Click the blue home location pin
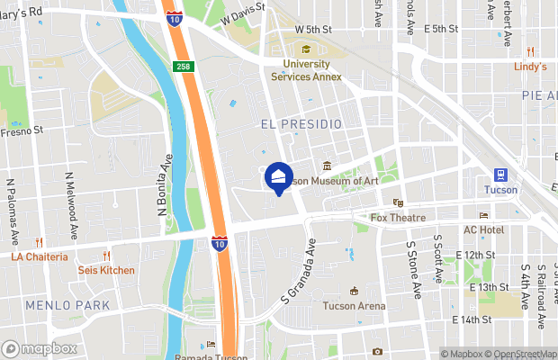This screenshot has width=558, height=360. click(279, 175)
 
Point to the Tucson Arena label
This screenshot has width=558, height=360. click(354, 306)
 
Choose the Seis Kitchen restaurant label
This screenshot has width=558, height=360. click(106, 270)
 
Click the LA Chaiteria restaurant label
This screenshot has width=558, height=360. click(39, 256)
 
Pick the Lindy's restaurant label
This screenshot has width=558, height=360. click(531, 67)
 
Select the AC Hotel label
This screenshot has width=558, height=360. click(483, 229)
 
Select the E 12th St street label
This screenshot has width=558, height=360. click(476, 256)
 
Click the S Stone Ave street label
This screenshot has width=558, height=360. click(415, 270)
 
